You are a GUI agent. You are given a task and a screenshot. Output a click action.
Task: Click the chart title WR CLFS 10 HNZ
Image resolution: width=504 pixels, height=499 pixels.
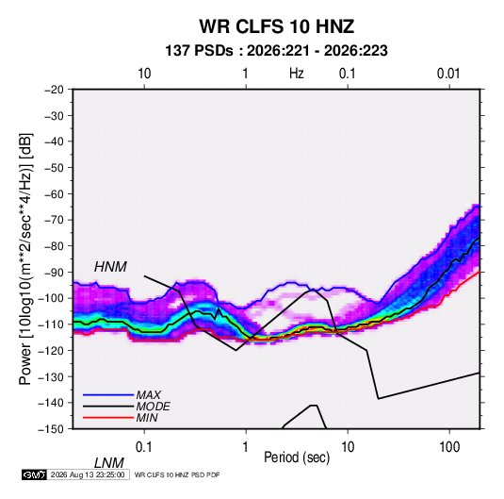(x=276, y=26)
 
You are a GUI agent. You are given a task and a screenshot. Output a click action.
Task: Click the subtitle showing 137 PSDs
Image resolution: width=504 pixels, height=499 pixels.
(x=276, y=51)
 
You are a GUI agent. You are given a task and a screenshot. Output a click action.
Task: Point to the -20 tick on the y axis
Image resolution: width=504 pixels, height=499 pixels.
(x=54, y=90)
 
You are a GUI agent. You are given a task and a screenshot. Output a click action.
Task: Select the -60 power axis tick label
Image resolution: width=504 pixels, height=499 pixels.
(x=54, y=193)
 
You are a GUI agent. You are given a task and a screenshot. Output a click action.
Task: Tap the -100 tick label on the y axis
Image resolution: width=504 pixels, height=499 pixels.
(x=52, y=298)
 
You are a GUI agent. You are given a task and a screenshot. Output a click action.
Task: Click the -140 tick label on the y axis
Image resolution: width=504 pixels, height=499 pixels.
(x=52, y=403)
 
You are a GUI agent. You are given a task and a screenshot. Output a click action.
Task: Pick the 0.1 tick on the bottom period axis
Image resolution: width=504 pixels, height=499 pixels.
(x=144, y=447)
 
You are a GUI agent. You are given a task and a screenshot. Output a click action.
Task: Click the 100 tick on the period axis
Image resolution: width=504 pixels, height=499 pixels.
(x=449, y=447)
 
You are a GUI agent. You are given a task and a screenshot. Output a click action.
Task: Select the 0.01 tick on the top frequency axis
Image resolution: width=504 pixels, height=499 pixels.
(x=448, y=74)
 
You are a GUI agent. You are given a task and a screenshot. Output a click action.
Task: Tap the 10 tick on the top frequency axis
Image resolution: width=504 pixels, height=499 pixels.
(x=144, y=74)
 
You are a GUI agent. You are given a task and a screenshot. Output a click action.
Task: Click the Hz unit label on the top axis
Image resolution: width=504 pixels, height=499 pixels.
(x=297, y=74)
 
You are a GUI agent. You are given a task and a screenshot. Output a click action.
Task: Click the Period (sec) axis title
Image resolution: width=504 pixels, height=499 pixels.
(x=297, y=457)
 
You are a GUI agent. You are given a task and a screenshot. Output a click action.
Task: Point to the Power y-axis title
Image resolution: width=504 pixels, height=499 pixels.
(x=25, y=258)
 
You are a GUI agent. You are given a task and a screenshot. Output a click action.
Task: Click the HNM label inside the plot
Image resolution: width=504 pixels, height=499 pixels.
(x=110, y=267)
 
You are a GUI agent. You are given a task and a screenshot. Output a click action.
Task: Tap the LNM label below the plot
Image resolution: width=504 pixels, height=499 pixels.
(x=108, y=463)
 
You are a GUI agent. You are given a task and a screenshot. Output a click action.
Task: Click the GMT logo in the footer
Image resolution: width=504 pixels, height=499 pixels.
(x=34, y=474)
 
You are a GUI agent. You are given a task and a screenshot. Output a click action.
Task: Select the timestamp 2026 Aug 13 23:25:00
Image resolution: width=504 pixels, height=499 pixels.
(x=88, y=474)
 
